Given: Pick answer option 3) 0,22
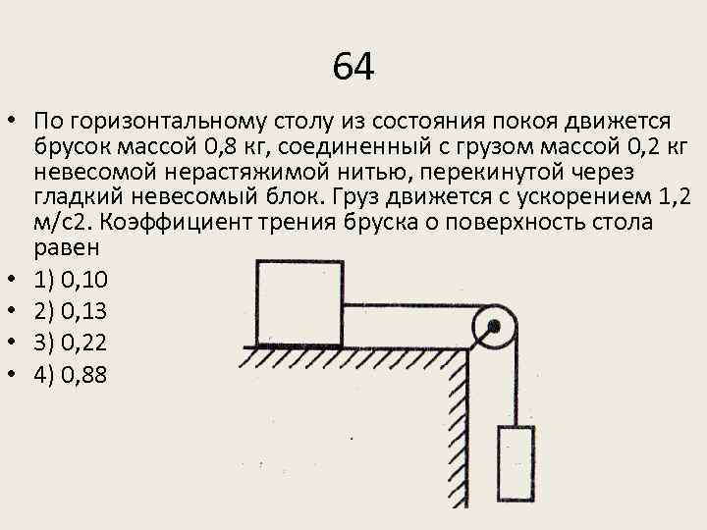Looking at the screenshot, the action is coord(70,343).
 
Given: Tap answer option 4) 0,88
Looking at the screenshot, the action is coord(70,374).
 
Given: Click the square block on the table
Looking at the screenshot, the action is coord(299,302).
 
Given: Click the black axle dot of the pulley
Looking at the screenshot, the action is coord(494,325).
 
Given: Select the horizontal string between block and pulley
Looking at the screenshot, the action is coord(408,304).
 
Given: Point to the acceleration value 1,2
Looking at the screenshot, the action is coord(669,198).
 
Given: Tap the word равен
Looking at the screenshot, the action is coord(63,249).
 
